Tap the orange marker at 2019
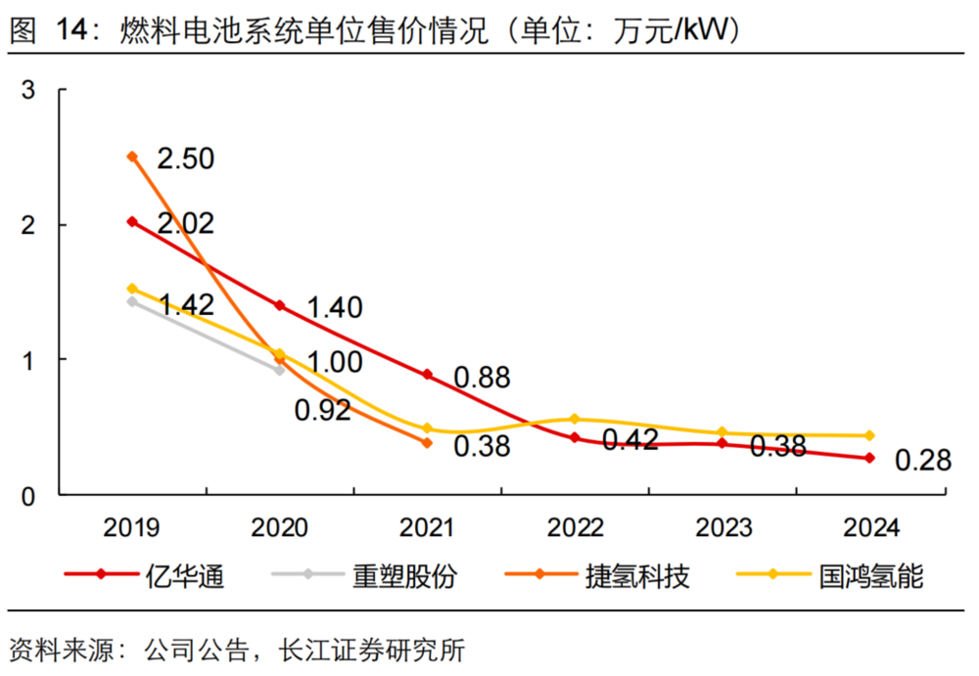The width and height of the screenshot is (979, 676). click(132, 157)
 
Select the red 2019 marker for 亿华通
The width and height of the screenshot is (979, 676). click(132, 221)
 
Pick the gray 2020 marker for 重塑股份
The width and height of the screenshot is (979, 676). click(280, 370)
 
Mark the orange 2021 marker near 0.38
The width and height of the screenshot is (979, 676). click(428, 442)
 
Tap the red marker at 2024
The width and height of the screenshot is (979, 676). click(869, 458)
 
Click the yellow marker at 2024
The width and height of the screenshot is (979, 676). click(869, 435)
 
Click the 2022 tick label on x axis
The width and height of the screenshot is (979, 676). click(575, 528)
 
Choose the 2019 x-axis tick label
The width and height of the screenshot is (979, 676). click(132, 528)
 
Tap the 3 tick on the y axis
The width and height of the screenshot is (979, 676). click(28, 90)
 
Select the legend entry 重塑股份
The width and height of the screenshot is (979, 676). click(403, 576)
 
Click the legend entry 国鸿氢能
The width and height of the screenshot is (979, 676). click(871, 576)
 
